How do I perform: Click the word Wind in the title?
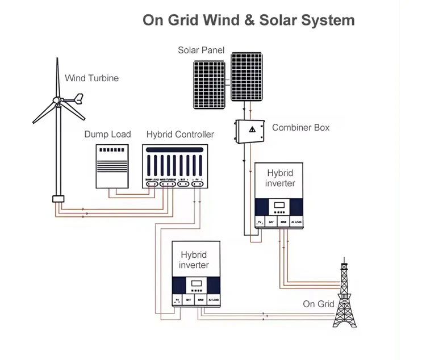[212, 20]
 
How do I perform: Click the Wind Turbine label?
[91, 78]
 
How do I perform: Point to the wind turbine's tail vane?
[78, 102]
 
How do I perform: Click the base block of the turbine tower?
[57, 199]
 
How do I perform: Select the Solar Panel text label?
[201, 51]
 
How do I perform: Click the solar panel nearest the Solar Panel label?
[210, 84]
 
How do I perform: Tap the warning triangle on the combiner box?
[251, 130]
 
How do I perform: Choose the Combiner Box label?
[300, 127]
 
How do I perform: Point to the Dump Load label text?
[107, 135]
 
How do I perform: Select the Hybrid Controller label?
[180, 135]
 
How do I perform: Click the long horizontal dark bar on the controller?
[174, 150]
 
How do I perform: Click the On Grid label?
[318, 304]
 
